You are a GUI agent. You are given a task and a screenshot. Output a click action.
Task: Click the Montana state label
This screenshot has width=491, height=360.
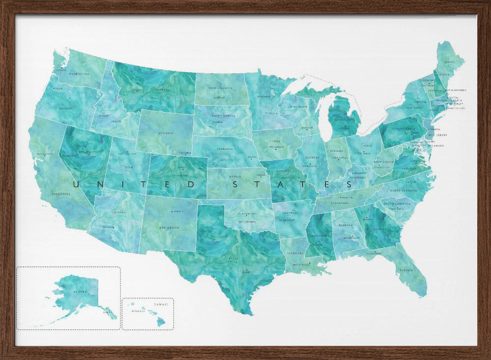pyautogui.click(x=162, y=90)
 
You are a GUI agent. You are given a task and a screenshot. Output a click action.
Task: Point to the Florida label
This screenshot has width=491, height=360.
pyautogui.click(x=406, y=270)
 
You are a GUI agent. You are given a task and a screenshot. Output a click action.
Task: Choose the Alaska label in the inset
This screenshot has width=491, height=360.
pyautogui.click(x=80, y=291)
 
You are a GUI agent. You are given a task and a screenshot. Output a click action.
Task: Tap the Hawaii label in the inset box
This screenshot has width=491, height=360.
pyautogui.click(x=160, y=305)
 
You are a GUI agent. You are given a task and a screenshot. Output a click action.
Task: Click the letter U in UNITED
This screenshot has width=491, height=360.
pyautogui.click(x=76, y=185)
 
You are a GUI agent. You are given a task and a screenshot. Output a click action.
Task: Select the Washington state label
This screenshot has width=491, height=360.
pyautogui.click(x=79, y=74)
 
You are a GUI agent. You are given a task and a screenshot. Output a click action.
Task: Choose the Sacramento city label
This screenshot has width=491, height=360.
pyautogui.click(x=45, y=154)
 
